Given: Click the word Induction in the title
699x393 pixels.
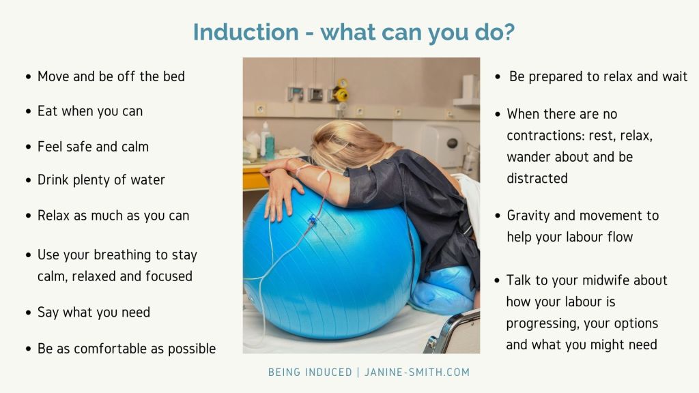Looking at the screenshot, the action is tap(246, 32).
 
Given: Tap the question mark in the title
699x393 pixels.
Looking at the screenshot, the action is tap(509, 32).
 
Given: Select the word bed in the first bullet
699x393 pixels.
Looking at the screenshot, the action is tap(174, 76).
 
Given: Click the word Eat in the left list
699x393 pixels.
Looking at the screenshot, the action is tap(48, 111).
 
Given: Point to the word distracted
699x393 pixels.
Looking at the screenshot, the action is tap(537, 178).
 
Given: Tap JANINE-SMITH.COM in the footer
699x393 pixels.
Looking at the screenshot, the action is tap(417, 372).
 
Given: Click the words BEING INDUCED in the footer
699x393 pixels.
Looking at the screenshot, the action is tap(311, 372).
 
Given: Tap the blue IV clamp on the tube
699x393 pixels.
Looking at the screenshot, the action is tap(311, 219).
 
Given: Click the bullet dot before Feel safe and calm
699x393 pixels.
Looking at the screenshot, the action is tap(29, 147).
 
